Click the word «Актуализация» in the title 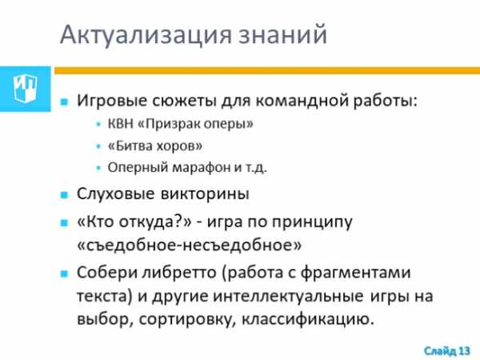(146, 35)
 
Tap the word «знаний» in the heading (282, 34)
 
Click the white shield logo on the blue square (25, 89)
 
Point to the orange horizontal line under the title (267, 70)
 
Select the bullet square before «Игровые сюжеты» (64, 102)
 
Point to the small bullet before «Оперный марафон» (98, 168)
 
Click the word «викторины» (205, 194)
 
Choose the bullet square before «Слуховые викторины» (64, 195)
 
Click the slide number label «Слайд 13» (447, 351)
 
